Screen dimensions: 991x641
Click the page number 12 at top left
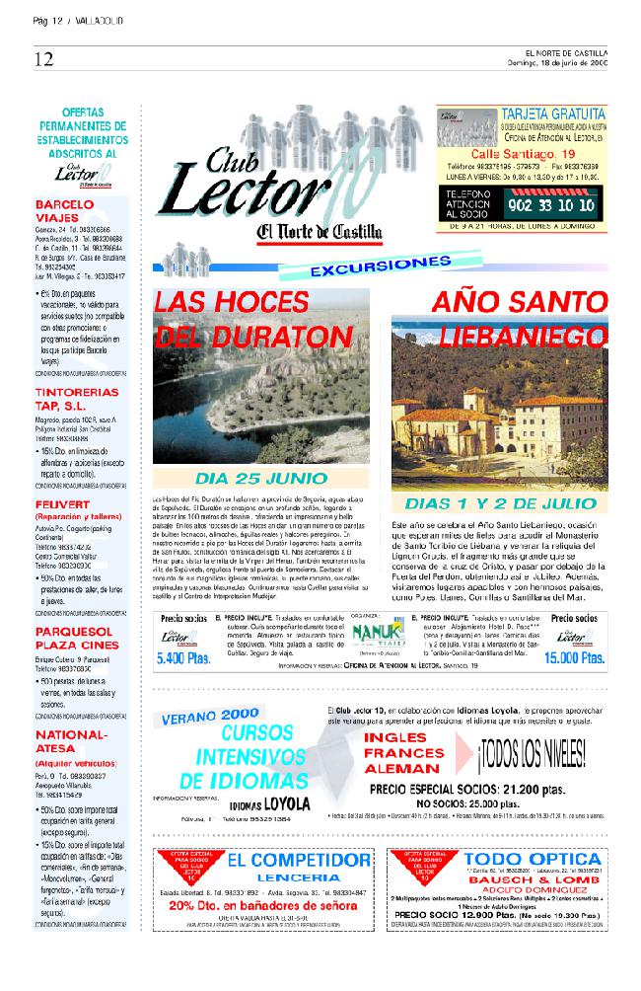42,59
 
